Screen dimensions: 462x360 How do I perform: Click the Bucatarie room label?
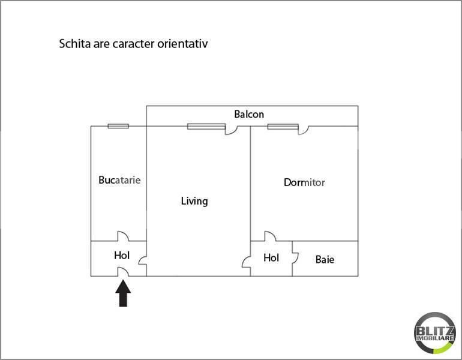point(119,180)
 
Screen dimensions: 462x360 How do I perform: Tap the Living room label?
point(194,201)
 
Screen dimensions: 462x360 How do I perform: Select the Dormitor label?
point(304,182)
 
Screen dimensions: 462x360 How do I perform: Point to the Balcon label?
point(249,114)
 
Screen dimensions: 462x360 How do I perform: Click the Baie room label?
point(325,260)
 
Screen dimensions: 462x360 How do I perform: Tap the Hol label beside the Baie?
point(271,258)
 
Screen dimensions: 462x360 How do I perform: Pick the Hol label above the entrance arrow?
point(122,255)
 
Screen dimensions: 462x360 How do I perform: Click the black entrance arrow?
point(123,293)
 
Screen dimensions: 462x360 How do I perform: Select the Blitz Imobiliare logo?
point(435,333)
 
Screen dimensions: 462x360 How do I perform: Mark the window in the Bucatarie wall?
point(118,126)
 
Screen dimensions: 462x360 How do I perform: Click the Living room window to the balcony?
point(206,127)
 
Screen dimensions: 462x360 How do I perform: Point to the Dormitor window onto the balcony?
point(283,127)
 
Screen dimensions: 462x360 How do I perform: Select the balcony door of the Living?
point(232,130)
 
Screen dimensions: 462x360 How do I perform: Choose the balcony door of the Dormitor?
point(304,130)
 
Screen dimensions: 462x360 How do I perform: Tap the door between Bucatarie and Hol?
point(123,236)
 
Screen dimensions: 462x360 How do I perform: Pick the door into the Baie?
point(295,257)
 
